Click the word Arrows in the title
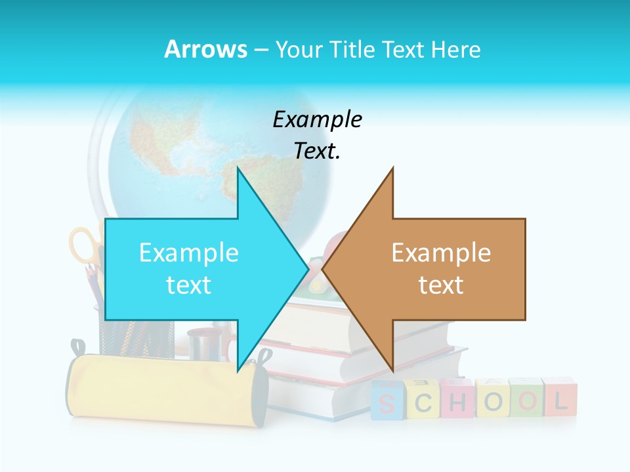click(x=205, y=49)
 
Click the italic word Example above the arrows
click(x=317, y=119)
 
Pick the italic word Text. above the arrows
click(x=317, y=151)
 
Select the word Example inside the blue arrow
click(x=189, y=252)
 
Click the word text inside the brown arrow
click(x=441, y=285)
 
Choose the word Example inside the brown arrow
click(x=441, y=252)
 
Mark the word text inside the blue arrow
click(x=189, y=285)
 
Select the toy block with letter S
click(x=387, y=401)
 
